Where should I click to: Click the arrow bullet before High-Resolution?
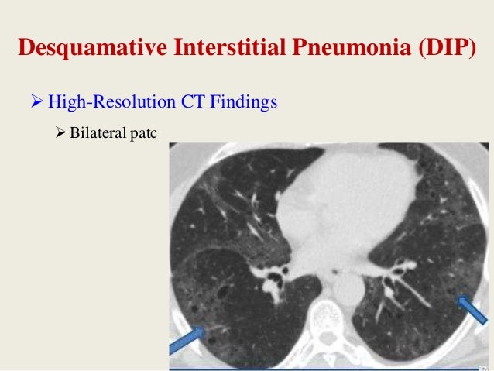coord(36,101)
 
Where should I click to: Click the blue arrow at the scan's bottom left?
coord(188,338)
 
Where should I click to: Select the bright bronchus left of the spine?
coord(273,280)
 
